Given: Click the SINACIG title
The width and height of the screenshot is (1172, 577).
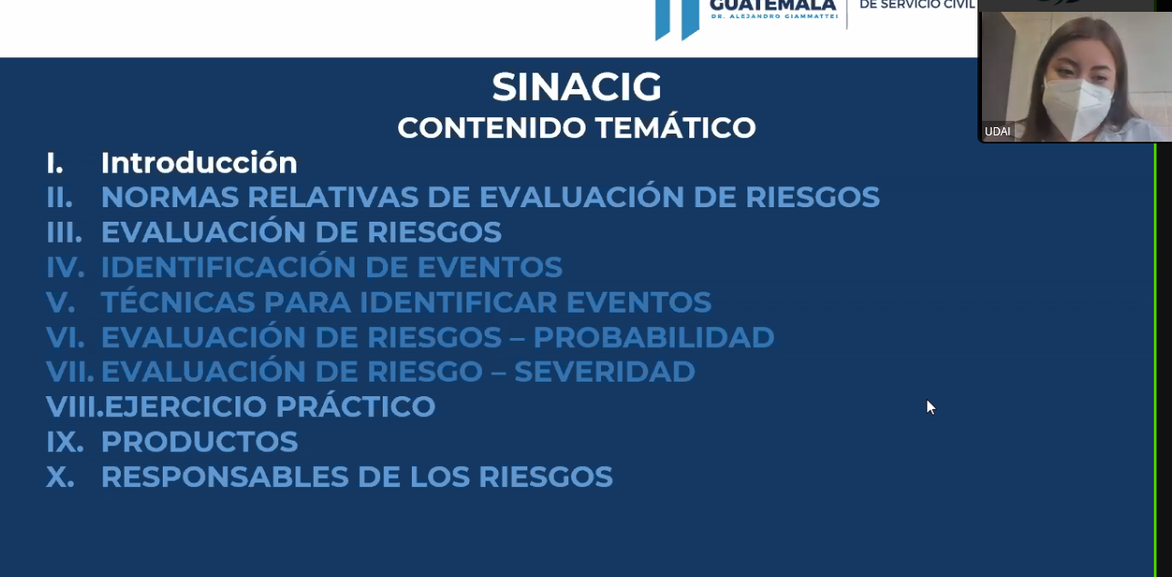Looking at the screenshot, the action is click(x=576, y=87).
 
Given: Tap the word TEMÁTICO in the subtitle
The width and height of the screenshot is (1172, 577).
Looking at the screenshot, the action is click(x=675, y=126).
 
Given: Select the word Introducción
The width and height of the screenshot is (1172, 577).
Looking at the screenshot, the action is click(x=199, y=162).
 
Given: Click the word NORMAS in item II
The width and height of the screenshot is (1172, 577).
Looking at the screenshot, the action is click(x=170, y=197).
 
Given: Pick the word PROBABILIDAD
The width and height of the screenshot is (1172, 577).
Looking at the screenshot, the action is click(x=654, y=337).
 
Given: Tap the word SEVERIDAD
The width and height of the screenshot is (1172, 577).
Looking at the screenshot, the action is click(x=605, y=372).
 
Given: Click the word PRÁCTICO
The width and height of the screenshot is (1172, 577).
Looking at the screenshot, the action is click(x=356, y=405).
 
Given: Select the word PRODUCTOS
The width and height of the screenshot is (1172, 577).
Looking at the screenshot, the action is click(x=199, y=442).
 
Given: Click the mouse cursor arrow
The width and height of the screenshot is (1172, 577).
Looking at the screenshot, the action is click(x=930, y=407).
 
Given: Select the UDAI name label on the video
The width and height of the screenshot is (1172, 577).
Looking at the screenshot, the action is click(x=997, y=132).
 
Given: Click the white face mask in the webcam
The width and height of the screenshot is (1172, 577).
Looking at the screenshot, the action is click(x=1076, y=106).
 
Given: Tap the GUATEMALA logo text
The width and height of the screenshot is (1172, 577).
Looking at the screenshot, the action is click(x=772, y=5).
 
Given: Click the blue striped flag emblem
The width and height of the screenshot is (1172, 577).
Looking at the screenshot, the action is click(x=677, y=19).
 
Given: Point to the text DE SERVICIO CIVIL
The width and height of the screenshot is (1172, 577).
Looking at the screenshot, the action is click(x=917, y=5).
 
